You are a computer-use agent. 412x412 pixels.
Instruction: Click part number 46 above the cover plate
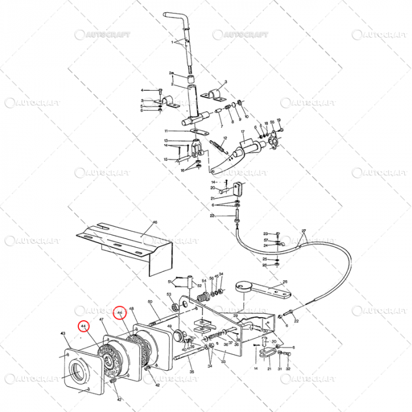pos(155,222)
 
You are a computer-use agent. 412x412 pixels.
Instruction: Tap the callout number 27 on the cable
pos(304,231)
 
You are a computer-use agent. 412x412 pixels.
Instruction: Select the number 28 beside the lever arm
pos(285,282)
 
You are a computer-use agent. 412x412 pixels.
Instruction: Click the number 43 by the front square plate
pos(63,334)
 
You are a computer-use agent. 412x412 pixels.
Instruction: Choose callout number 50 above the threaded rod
pos(150,302)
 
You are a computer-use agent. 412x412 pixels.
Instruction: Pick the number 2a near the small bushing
pos(171,73)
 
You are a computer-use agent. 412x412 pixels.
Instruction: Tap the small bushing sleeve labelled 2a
pos(191,78)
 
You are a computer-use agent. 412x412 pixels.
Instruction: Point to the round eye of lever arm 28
pos(241,288)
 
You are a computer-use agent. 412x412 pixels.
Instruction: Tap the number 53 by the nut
pos(169,294)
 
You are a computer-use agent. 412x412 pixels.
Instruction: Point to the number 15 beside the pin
pos(166,159)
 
